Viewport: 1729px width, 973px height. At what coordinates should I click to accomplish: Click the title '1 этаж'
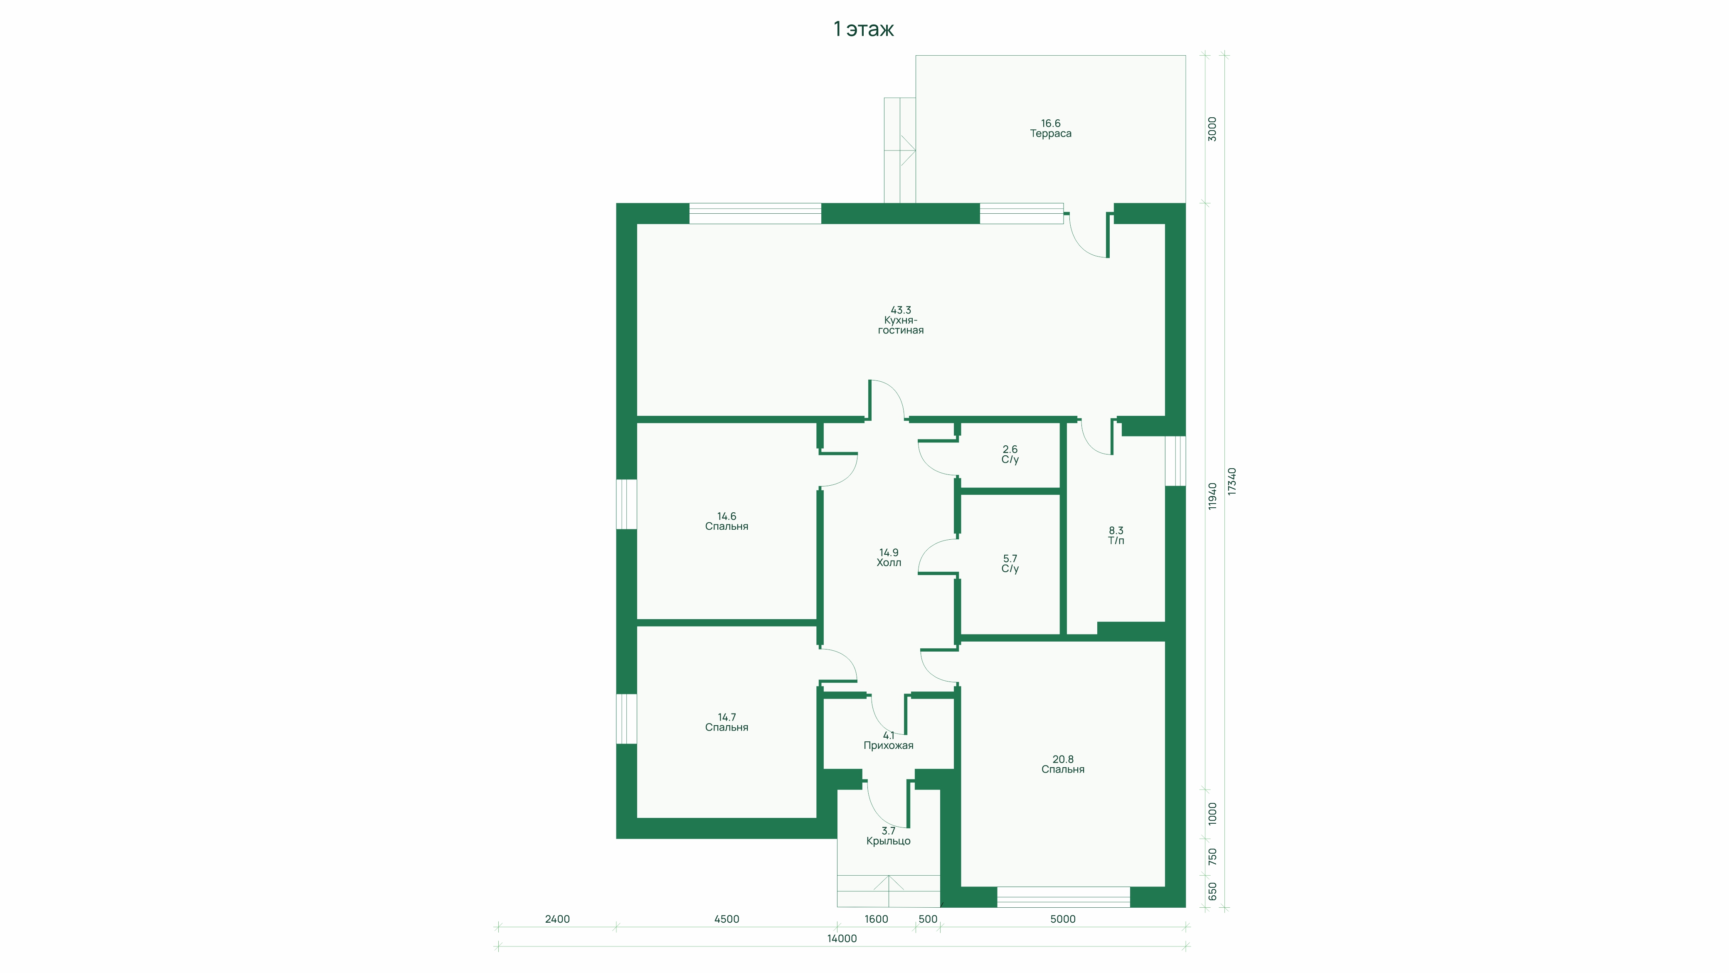click(864, 29)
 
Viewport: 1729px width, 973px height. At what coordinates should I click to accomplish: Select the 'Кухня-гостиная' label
click(901, 326)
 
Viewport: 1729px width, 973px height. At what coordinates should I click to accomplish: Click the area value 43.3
click(901, 310)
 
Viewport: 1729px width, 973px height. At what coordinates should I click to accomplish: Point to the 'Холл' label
click(889, 563)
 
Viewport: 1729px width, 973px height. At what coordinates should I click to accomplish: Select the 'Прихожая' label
click(888, 746)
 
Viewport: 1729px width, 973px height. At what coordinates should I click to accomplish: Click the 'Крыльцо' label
click(888, 841)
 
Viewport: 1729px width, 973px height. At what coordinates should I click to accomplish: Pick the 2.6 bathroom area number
click(1010, 449)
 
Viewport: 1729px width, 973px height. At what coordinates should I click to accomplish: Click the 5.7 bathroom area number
click(1010, 559)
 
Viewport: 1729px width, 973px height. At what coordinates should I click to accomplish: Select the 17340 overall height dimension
click(1231, 482)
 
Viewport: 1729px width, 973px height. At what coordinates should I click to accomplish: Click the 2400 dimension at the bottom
click(557, 919)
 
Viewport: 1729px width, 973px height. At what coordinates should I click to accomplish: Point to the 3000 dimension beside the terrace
click(1212, 129)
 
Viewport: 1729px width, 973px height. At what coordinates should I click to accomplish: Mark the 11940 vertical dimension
click(1212, 496)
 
